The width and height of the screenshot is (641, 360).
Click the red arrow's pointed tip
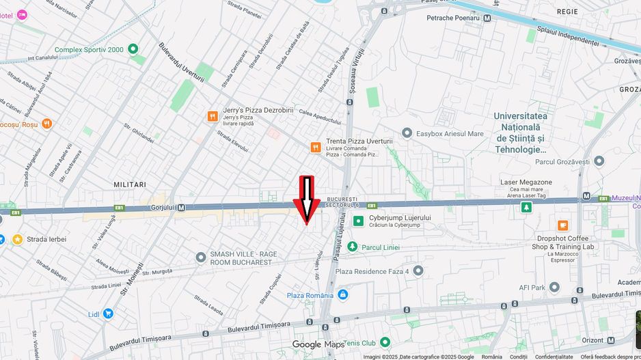pos(307,223)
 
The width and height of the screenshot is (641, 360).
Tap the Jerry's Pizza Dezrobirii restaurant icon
pos(213,116)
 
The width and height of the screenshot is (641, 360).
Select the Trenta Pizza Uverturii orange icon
pos(315,147)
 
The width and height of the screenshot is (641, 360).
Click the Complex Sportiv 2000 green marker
pos(133,49)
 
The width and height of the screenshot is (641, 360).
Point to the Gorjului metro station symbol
pos(181,208)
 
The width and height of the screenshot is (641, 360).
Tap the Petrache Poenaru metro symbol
pos(487,18)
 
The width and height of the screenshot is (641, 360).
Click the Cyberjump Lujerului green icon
pos(358,221)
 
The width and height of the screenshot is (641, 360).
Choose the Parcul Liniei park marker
pos(352,247)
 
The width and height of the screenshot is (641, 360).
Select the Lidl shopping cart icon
pos(108,314)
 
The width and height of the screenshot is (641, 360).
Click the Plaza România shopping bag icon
pos(343,295)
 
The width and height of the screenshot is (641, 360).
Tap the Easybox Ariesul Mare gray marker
pos(407,133)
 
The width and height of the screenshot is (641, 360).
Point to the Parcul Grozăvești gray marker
pos(599,161)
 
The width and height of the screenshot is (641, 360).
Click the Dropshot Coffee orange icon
pos(563,225)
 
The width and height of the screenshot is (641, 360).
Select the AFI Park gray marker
pos(555,288)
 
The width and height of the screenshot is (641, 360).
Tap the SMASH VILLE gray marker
pos(200,258)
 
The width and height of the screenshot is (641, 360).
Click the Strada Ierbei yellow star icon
pos(17,240)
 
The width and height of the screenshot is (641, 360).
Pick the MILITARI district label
pos(130,184)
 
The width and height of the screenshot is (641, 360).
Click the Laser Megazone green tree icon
pos(526,207)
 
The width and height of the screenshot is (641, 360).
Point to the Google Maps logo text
pos(318,345)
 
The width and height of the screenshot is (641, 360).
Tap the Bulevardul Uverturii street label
pos(181,64)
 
